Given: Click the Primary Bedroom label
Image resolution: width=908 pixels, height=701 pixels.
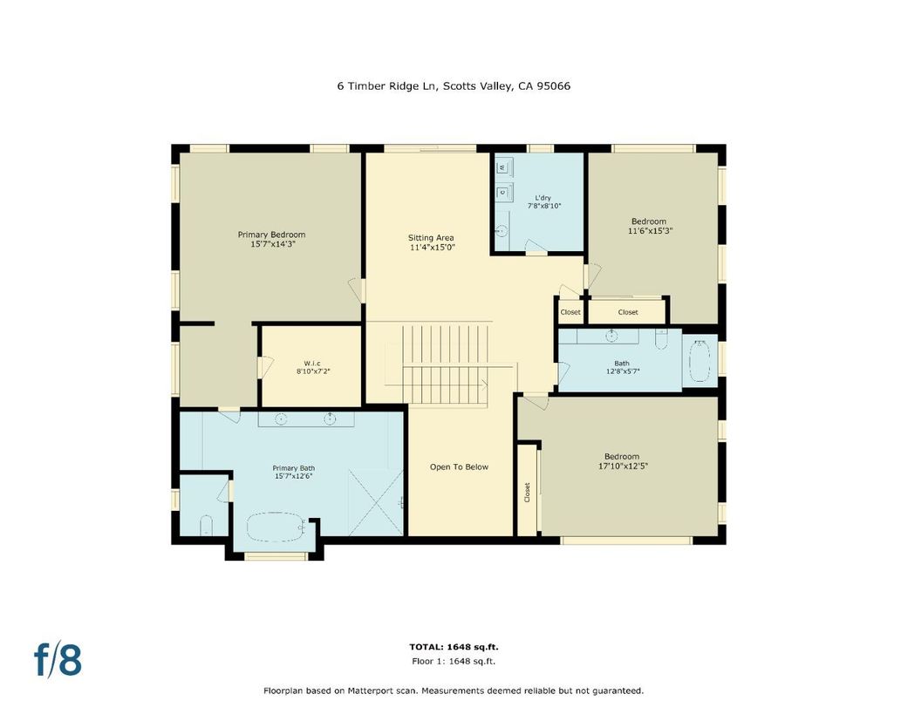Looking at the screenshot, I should click(271, 235).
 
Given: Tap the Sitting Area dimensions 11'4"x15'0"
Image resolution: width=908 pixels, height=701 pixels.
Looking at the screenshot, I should click(433, 248).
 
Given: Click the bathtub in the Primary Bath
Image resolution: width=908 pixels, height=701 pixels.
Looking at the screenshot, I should click(276, 528).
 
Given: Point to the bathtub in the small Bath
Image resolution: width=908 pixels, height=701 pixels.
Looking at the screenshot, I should click(700, 361).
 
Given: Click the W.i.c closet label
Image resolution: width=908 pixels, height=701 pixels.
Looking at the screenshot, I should click(312, 363).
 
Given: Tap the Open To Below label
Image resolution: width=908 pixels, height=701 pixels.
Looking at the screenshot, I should click(459, 467).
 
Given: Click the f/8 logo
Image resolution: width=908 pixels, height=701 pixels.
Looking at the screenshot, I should click(58, 660).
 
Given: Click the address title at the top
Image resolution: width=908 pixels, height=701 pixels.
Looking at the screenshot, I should click(454, 85).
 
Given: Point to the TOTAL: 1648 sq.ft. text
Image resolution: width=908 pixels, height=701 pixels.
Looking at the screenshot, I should click(454, 647).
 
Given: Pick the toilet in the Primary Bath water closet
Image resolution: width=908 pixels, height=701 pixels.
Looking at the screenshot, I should click(206, 525).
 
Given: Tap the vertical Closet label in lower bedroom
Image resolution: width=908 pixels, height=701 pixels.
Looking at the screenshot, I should click(527, 492).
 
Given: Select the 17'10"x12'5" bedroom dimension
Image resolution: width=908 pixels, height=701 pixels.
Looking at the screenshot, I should click(622, 466).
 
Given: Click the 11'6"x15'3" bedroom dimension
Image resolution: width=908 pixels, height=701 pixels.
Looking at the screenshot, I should click(650, 232).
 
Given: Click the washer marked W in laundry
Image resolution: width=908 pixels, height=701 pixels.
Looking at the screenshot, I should click(502, 167).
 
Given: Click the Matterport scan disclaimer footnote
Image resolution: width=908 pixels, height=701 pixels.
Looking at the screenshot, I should click(454, 690).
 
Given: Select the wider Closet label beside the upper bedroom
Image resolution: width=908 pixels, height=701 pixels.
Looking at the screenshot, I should click(628, 312).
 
